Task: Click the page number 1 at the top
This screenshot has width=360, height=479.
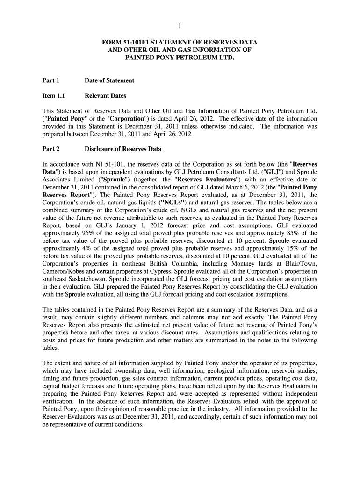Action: pyautogui.click(x=180, y=26)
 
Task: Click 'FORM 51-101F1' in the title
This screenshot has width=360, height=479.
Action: pyautogui.click(x=126, y=42)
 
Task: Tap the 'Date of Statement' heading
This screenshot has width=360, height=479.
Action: pyautogui.click(x=109, y=80)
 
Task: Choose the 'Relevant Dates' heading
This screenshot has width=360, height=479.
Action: pyautogui.click(x=105, y=96)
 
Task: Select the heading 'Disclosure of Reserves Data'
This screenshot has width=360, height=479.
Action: pyautogui.click(x=122, y=149)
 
